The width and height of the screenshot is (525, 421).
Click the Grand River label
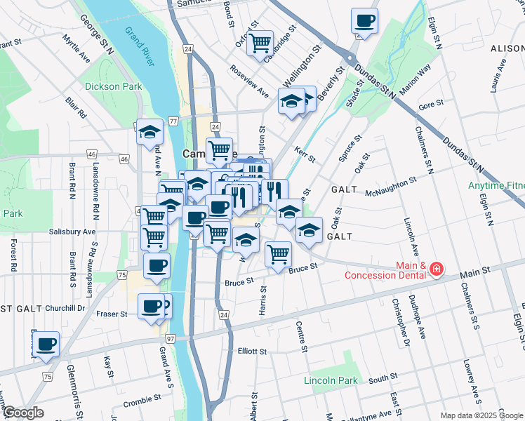[x=140, y=46]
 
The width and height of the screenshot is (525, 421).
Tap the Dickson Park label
[x=113, y=86]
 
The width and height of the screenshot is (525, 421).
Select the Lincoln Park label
[x=331, y=381]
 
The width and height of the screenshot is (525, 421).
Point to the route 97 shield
[x=171, y=338]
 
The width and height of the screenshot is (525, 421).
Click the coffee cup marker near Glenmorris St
[x=47, y=345]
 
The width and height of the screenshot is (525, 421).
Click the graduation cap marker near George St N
[x=149, y=132]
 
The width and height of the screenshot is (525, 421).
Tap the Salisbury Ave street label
[x=72, y=231]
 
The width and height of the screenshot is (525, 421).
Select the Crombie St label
[x=143, y=404]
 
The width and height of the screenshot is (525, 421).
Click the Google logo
[x=22, y=413]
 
